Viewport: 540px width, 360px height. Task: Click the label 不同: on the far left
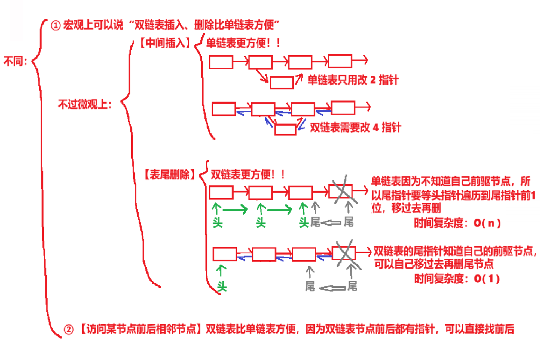coord(15,61)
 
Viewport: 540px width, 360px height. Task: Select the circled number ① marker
coord(56,25)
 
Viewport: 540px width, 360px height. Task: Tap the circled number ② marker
coord(68,329)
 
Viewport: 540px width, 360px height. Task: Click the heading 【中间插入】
coord(165,43)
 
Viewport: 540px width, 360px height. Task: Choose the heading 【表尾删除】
coord(170,175)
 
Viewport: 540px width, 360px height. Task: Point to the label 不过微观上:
coord(85,105)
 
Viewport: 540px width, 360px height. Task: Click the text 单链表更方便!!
coord(243,43)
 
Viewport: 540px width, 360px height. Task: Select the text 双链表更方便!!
coord(247,175)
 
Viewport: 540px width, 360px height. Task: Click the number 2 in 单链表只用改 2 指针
coord(373,80)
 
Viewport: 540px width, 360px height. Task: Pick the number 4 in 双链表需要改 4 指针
coord(376,128)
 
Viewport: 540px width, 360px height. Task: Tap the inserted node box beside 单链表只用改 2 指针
coord(282,83)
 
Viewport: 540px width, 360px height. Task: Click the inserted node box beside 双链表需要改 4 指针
coord(285,130)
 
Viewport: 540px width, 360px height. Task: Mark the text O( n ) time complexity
coord(487,223)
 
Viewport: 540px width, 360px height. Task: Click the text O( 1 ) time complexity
coord(487,279)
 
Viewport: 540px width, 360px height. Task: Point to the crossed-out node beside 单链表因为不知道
coord(341,191)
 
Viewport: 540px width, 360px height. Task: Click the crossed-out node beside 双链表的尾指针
coord(344,253)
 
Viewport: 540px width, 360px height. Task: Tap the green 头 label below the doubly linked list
coord(222,287)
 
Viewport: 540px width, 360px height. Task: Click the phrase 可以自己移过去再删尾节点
coord(434,264)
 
